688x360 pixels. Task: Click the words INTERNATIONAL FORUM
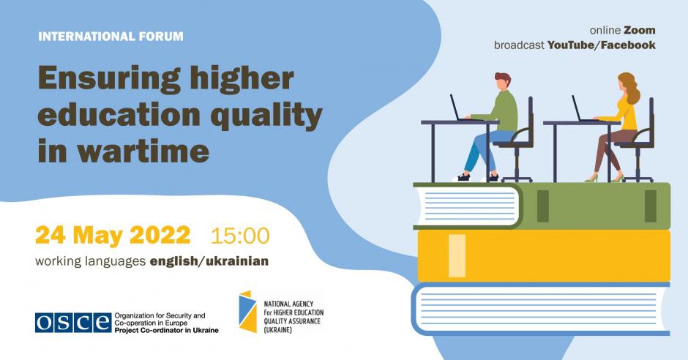pyautogui.click(x=111, y=37)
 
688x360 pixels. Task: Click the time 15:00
pyautogui.click(x=240, y=236)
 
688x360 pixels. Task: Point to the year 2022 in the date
pyautogui.click(x=160, y=235)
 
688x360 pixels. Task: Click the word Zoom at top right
pyautogui.click(x=639, y=30)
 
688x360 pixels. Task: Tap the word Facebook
pyautogui.click(x=628, y=45)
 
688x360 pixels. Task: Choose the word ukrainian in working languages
pyautogui.click(x=237, y=261)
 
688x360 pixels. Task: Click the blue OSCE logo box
pyautogui.click(x=73, y=323)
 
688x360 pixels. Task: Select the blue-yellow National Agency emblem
pyautogui.click(x=247, y=312)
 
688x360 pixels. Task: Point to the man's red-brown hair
pyautogui.click(x=504, y=79)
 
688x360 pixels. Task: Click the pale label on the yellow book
pyautogui.click(x=457, y=255)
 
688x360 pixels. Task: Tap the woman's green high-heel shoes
pyautogui.click(x=605, y=178)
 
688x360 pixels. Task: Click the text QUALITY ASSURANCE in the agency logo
pyautogui.click(x=292, y=321)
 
